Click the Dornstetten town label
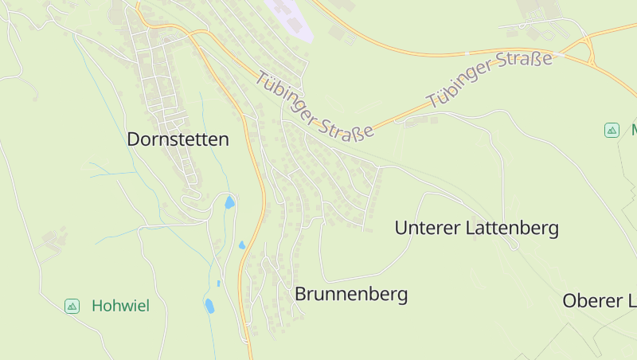[178, 139]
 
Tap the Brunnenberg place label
[351, 294]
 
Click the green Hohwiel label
[120, 306]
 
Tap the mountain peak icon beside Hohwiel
[72, 306]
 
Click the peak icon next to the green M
[612, 130]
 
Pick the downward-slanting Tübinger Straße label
[315, 107]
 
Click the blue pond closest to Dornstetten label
[229, 202]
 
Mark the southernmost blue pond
[209, 306]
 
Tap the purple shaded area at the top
[288, 18]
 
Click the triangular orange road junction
[588, 49]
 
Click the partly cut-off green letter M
[634, 130]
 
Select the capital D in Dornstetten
[133, 139]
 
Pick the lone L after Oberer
[632, 301]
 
